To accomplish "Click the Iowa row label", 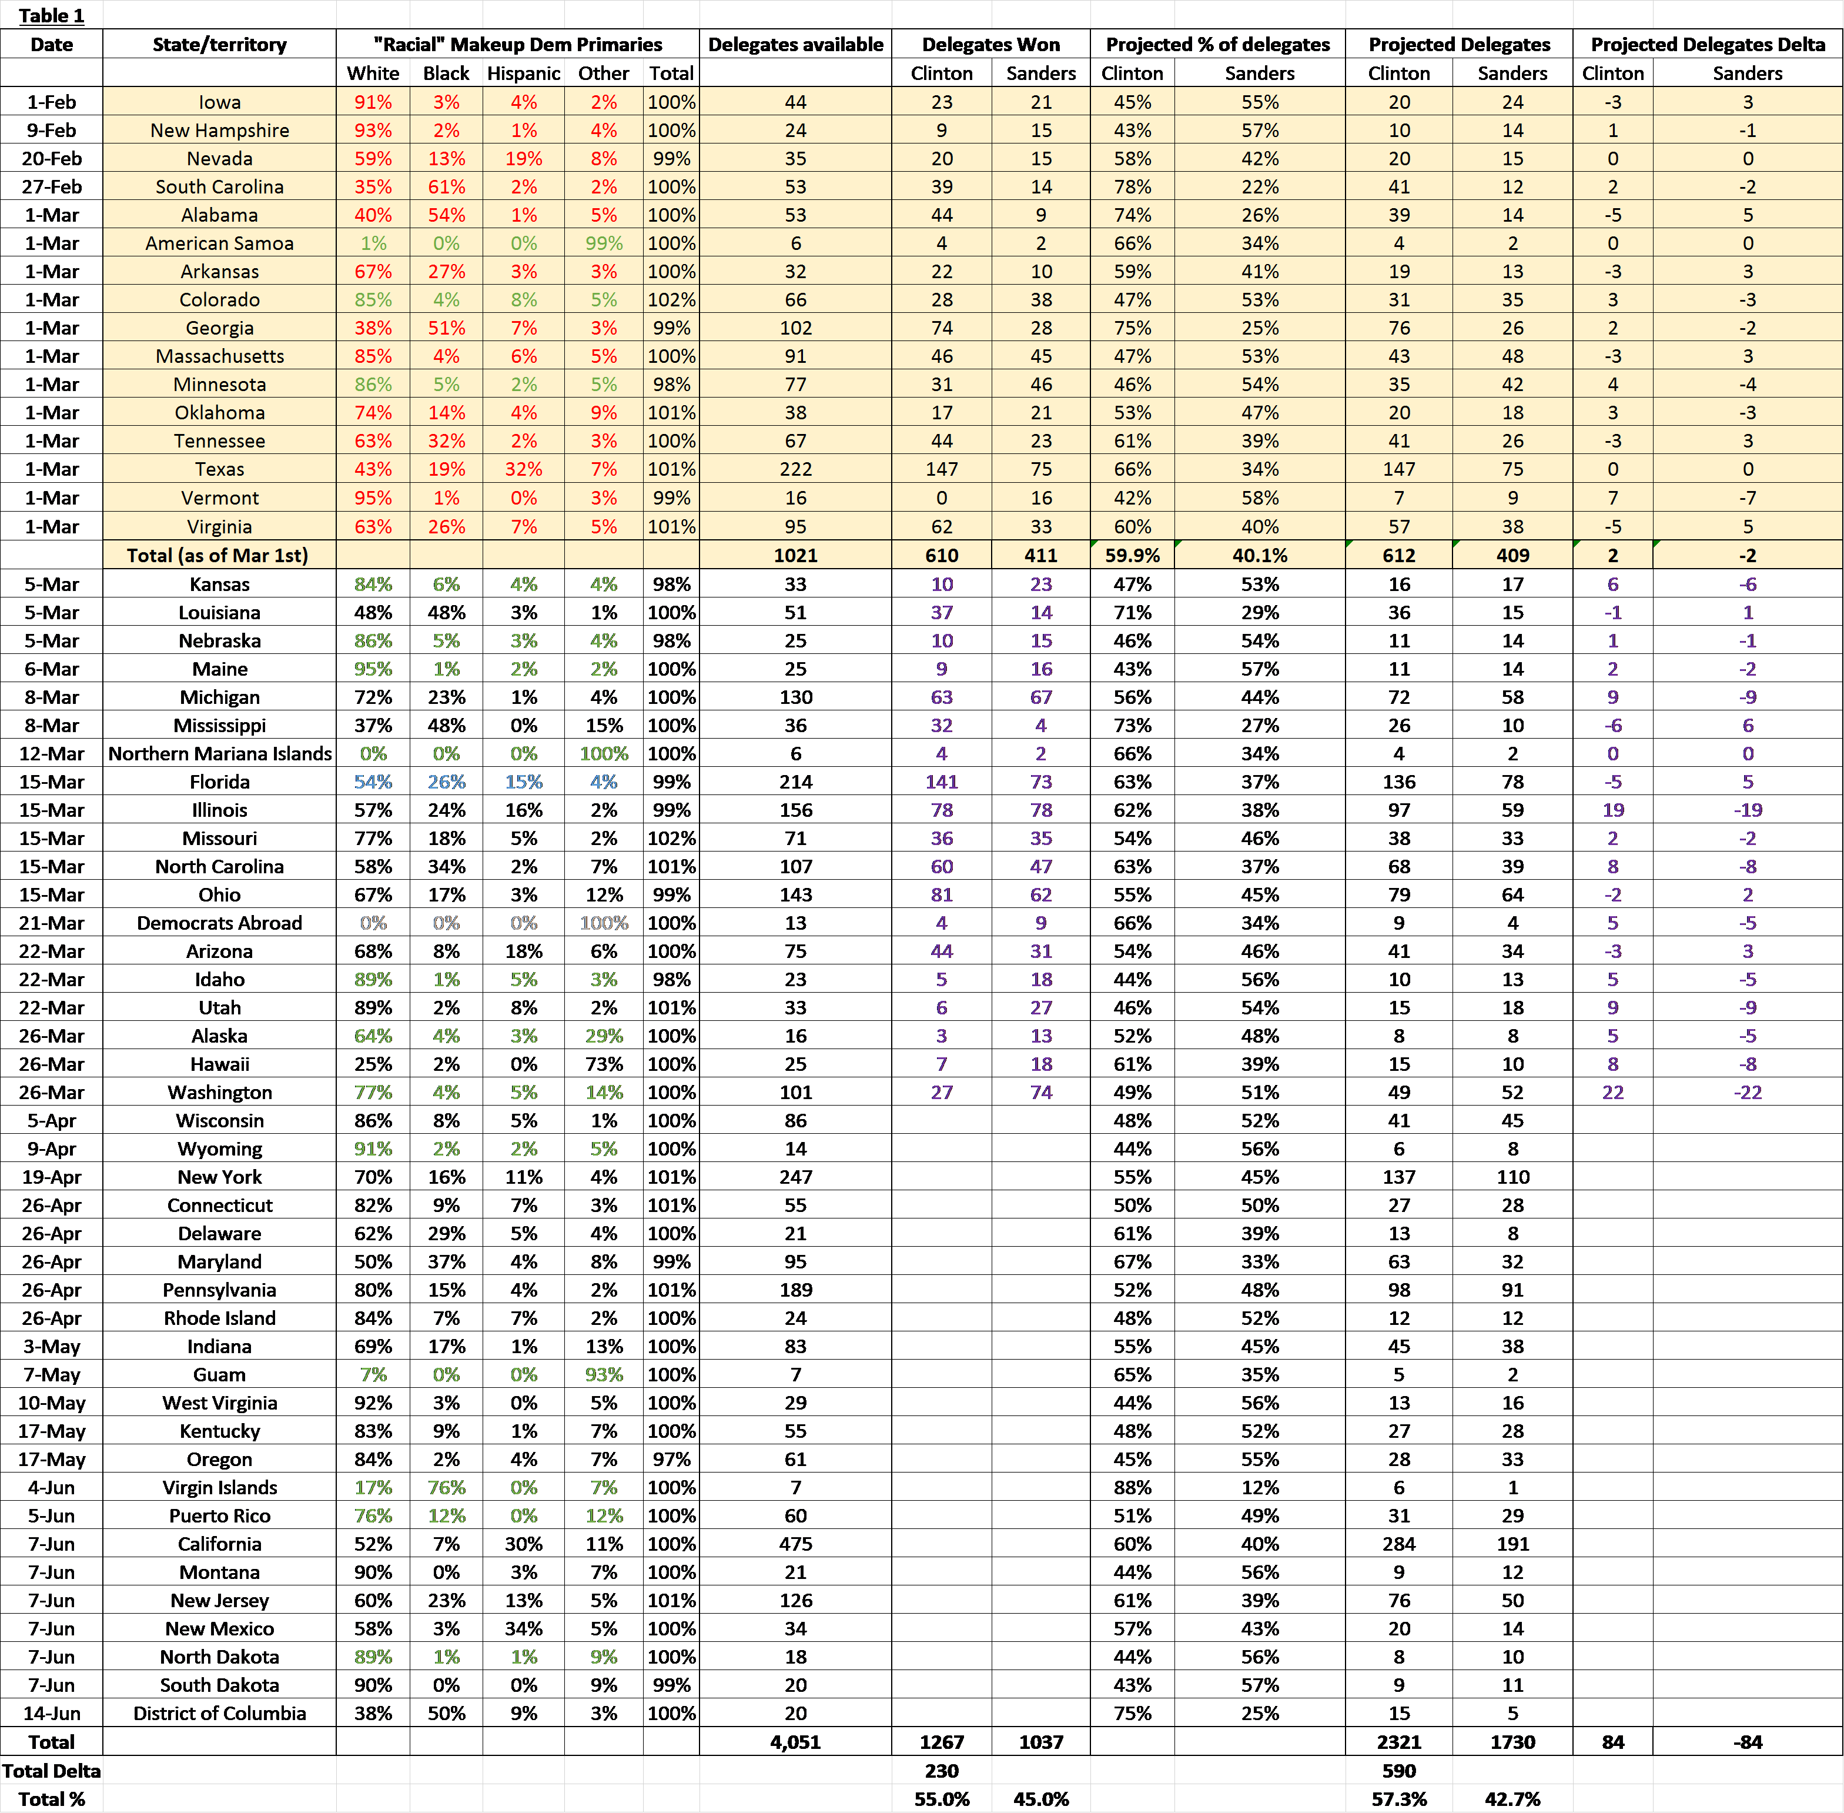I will point(220,102).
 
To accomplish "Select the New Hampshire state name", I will point(220,131).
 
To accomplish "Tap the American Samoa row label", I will point(220,243).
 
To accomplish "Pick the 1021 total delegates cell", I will point(796,555).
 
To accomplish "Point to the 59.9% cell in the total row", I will point(1132,555).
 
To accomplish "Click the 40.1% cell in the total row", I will point(1260,555).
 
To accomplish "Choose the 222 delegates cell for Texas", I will point(796,469).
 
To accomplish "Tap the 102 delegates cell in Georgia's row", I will point(796,328).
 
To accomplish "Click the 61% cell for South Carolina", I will point(447,186).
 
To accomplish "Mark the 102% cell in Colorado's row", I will point(671,299).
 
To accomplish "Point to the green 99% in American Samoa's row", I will point(604,243).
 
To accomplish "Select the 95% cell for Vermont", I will point(373,497).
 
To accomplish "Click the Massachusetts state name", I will point(220,356).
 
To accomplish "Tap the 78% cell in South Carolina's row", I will point(1132,186).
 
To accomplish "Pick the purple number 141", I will point(942,782).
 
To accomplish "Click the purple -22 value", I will point(1748,1092).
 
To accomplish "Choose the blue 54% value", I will point(373,782).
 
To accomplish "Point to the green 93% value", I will point(604,1374).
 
